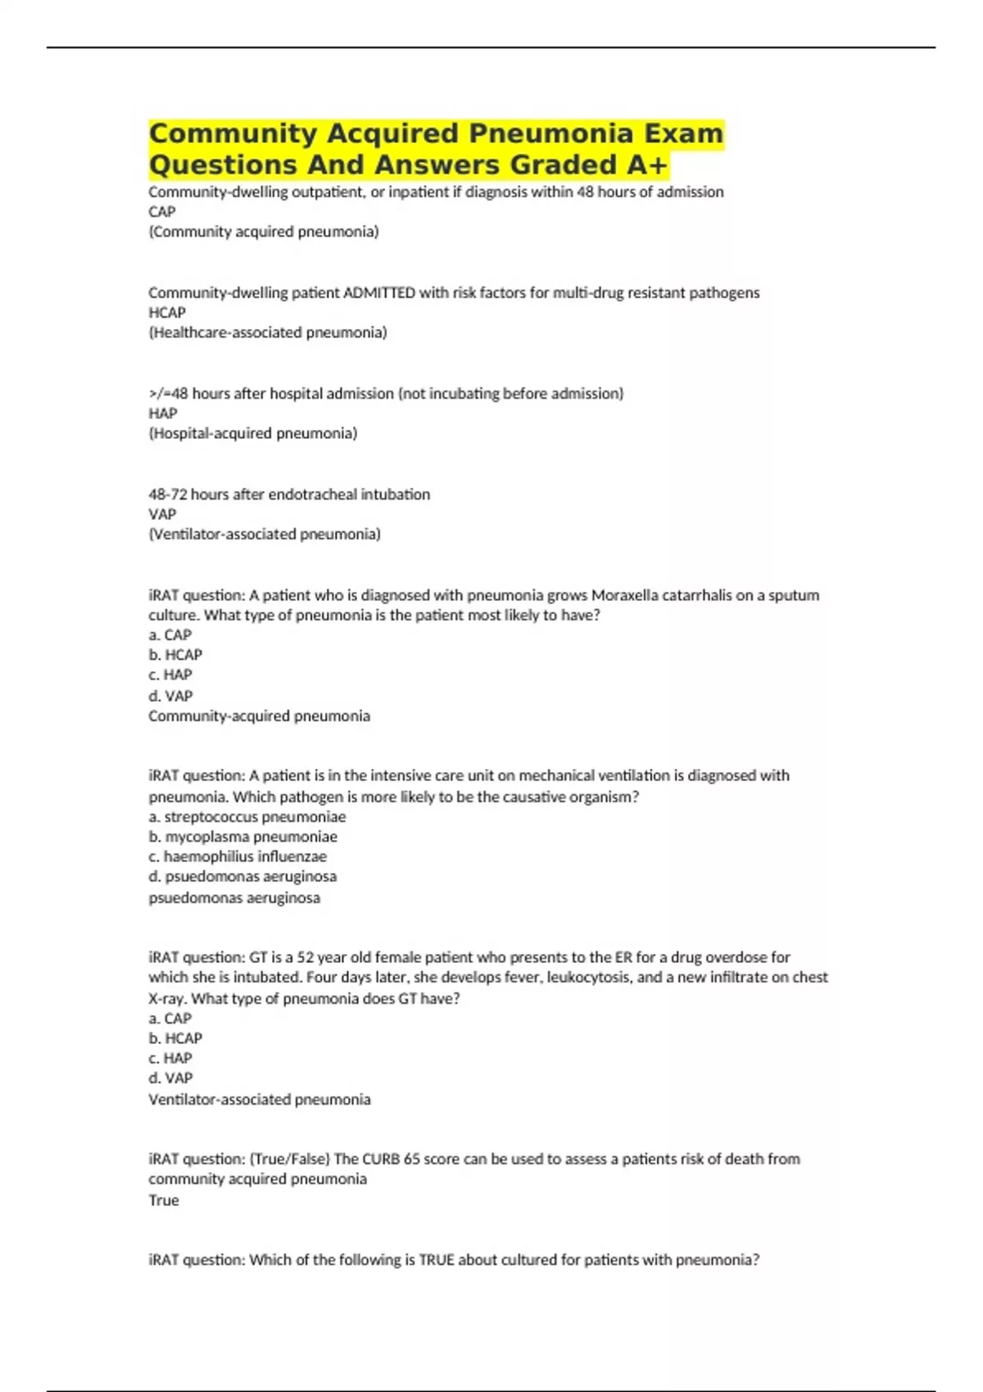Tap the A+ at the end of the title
pos(647,165)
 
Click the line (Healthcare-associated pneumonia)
pos(267,332)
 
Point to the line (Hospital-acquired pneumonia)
pos(252,433)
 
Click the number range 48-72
pos(167,495)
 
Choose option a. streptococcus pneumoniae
pos(247,817)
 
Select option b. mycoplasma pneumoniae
pos(242,837)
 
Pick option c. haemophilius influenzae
pos(238,856)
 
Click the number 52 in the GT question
pos(305,957)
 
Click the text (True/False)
pos(290,1159)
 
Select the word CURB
pos(381,1159)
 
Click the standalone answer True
pos(163,1200)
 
